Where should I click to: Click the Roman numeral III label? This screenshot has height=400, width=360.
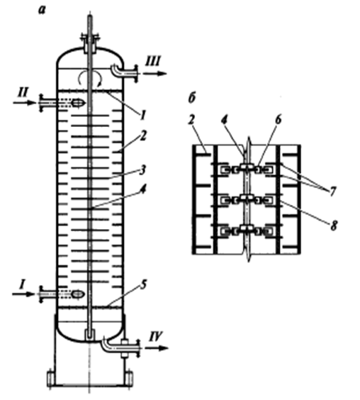pyautogui.click(x=153, y=62)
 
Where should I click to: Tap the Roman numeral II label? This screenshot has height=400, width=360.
pyautogui.click(x=23, y=91)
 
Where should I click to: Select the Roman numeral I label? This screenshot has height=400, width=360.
pyautogui.click(x=22, y=284)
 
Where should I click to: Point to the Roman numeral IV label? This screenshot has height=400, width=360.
pyautogui.click(x=155, y=336)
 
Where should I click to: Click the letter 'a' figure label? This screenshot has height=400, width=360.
pyautogui.click(x=42, y=10)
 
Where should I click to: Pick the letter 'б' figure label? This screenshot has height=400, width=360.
pyautogui.click(x=192, y=97)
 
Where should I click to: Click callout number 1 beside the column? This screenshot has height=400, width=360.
pyautogui.click(x=143, y=115)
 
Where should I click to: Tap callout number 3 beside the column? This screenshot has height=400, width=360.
pyautogui.click(x=142, y=170)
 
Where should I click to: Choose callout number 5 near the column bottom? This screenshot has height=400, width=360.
pyautogui.click(x=144, y=284)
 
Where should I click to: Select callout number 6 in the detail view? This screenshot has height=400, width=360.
pyautogui.click(x=279, y=119)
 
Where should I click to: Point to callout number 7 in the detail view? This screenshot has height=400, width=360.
pyautogui.click(x=332, y=191)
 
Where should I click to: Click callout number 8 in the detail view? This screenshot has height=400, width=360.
pyautogui.click(x=334, y=226)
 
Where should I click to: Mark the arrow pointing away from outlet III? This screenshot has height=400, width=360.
pyautogui.click(x=154, y=74)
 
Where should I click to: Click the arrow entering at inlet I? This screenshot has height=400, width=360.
pyautogui.click(x=23, y=294)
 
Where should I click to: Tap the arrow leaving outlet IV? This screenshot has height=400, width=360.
pyautogui.click(x=157, y=348)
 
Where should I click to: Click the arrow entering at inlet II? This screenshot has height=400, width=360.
pyautogui.click(x=24, y=103)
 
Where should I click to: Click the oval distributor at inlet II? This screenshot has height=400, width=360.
pyautogui.click(x=78, y=103)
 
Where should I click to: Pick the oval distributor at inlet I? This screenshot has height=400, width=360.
pyautogui.click(x=78, y=294)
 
